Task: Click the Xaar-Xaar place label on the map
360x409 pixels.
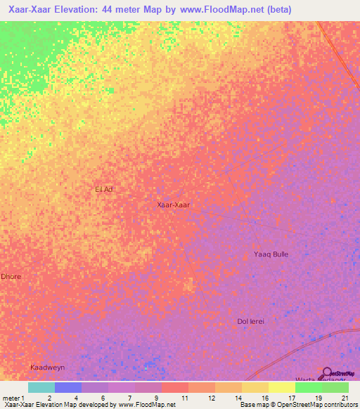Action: pos(173,205)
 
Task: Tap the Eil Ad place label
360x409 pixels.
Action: pos(104,189)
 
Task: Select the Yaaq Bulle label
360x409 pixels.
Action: pos(271,254)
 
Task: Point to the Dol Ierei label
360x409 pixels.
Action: pos(252,321)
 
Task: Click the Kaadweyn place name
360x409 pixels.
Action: pos(47,368)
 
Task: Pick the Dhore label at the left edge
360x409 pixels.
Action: pos(11,276)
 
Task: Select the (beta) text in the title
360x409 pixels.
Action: pos(276,10)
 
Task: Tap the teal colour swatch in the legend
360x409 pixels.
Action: pos(41,387)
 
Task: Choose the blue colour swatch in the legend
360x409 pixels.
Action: pos(68,387)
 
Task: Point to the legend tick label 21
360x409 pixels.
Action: pos(345,398)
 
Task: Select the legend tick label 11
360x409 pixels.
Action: pos(184,398)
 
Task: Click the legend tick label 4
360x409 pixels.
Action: pos(76,398)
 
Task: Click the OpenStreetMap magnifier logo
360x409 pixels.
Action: pos(327,372)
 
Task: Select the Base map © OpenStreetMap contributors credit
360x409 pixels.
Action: pos(298,405)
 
